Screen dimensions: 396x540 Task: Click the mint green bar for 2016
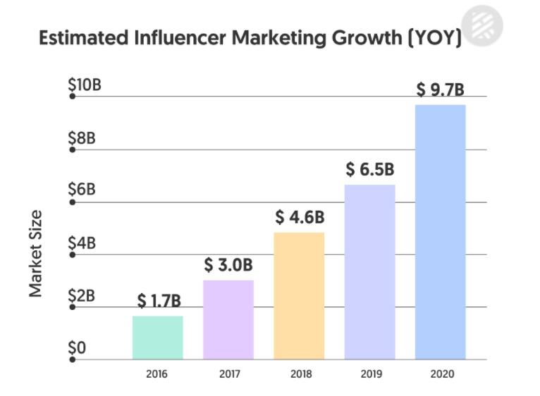pos(157,338)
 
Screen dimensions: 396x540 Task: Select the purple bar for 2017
pos(228,320)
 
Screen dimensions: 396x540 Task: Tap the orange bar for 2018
pos(299,296)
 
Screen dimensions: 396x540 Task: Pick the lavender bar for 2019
pos(369,272)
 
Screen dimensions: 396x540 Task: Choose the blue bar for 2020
pos(440,232)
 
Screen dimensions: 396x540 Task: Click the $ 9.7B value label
pos(440,90)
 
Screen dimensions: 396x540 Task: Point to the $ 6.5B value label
pos(369,170)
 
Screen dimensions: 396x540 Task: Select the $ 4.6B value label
pos(299,218)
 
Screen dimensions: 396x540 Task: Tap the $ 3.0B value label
pos(228,266)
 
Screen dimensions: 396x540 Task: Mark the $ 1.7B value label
pos(159,302)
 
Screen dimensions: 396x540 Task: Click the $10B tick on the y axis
pos(85,85)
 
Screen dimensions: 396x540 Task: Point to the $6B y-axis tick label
pos(82,190)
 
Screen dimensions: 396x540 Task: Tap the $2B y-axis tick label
pos(82,296)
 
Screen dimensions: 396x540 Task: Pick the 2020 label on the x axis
pos(441,374)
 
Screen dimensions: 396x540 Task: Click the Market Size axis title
pos(36,253)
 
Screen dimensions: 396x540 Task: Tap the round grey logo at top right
pos(483,25)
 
